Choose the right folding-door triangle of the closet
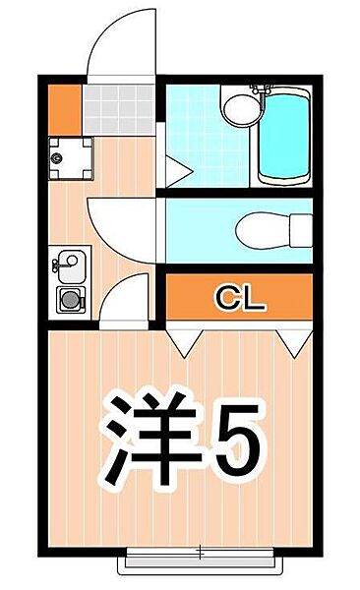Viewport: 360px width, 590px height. pyautogui.click(x=291, y=340)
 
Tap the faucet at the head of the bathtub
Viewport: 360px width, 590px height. pyautogui.click(x=263, y=89)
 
